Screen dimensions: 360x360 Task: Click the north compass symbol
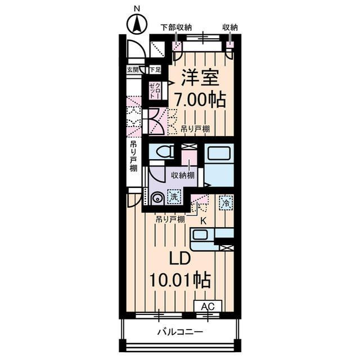pos(137,24)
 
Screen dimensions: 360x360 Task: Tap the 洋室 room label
pos(200,78)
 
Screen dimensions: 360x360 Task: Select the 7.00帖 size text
pos(200,100)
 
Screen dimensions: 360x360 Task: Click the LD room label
pos(180,259)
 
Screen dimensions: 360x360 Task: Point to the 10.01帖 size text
pos(180,280)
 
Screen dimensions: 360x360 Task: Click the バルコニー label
pos(180,332)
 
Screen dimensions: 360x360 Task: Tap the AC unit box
pos(208,306)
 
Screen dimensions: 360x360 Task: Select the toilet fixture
pos(165,151)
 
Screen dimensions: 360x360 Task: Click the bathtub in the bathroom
pos(219,153)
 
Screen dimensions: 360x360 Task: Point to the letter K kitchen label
pos(203,221)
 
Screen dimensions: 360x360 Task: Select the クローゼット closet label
pos(155,91)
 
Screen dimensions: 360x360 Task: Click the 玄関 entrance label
pos(133,70)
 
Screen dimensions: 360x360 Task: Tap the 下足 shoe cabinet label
pos(155,70)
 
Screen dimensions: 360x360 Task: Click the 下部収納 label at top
pos(176,28)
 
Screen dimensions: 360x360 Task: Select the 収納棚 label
pos(183,175)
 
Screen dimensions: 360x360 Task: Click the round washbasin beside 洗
pos(157,197)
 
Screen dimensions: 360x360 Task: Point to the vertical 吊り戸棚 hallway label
pos(133,156)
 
